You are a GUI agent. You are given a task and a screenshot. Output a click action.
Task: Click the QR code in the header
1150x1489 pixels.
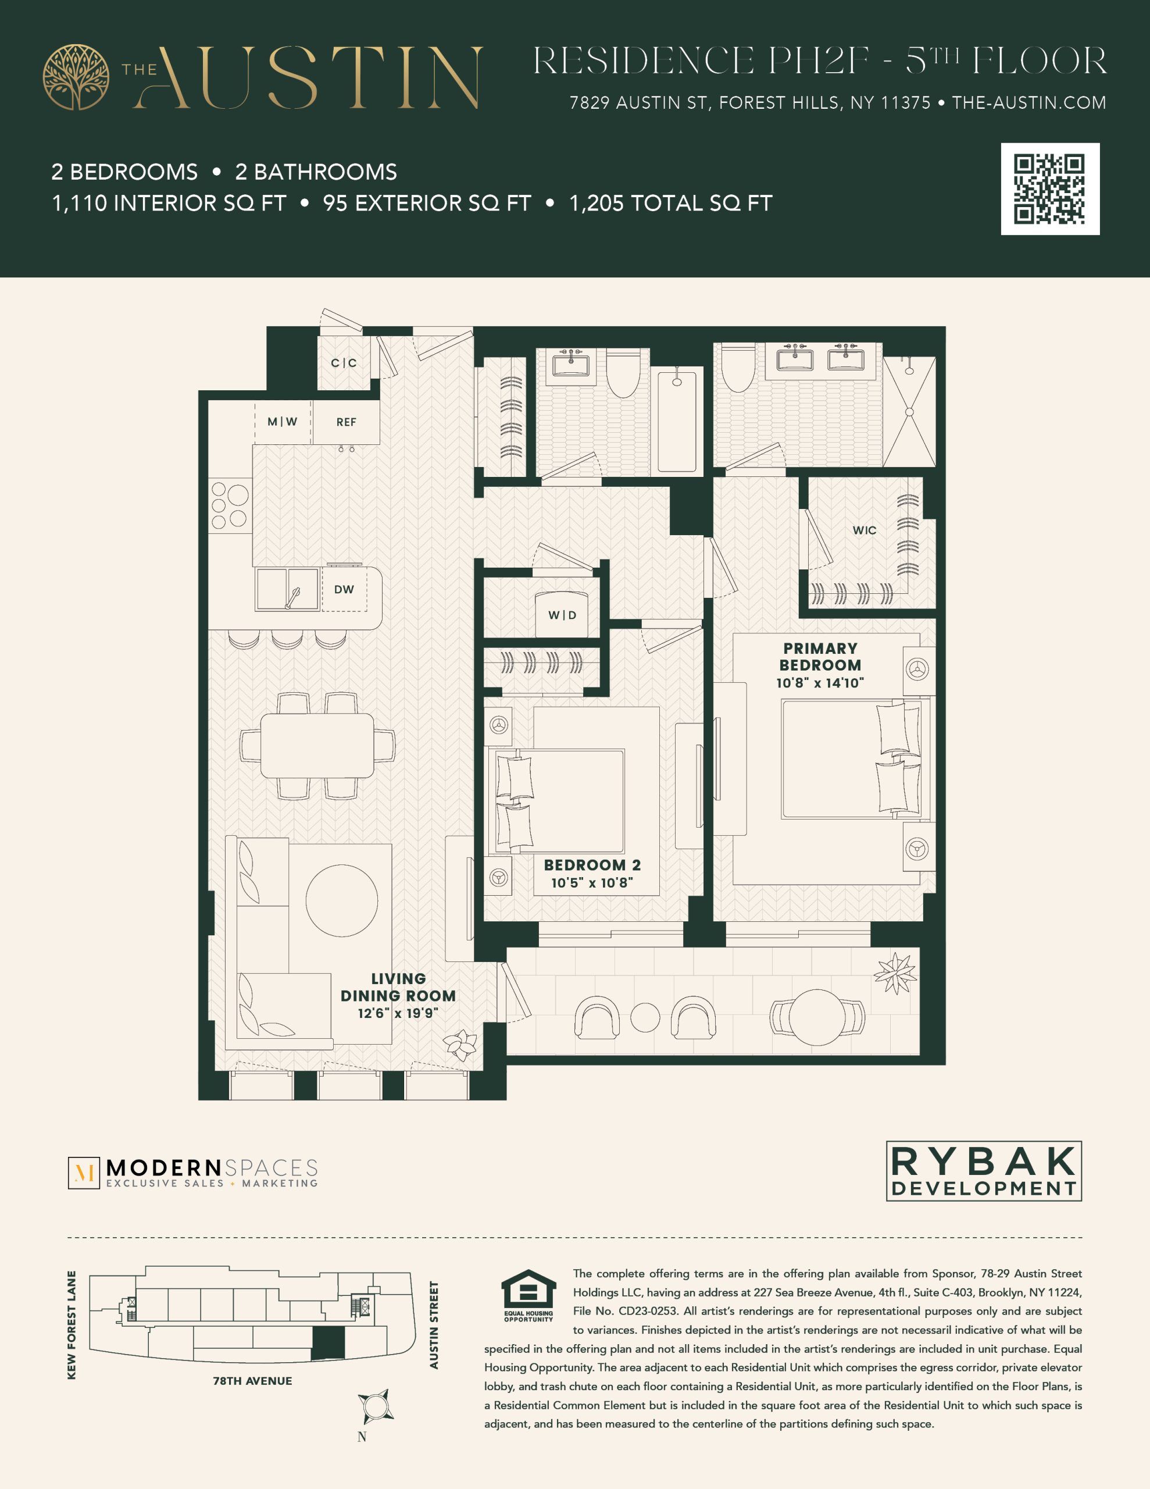point(1050,189)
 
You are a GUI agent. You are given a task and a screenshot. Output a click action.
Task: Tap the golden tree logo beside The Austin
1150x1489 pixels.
point(76,77)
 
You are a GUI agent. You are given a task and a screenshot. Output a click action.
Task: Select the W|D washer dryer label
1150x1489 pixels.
point(562,615)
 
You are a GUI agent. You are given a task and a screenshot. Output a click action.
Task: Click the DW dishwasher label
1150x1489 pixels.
point(344,589)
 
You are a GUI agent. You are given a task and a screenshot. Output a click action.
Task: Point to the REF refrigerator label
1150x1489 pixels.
point(347,422)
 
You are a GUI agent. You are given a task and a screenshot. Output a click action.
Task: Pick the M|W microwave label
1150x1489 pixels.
point(282,421)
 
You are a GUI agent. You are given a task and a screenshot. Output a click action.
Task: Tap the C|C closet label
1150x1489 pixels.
point(344,363)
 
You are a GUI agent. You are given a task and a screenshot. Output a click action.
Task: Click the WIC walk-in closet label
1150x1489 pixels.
point(865,530)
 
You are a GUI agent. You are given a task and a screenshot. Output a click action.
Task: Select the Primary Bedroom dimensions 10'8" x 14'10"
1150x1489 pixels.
point(820,682)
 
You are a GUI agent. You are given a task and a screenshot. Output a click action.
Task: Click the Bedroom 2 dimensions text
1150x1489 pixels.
point(592,882)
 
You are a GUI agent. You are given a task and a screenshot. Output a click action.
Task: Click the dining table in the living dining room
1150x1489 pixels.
point(317,745)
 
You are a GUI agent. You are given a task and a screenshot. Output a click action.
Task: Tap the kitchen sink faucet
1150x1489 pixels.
point(293,598)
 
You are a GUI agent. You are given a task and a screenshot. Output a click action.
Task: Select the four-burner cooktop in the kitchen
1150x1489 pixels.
point(229,505)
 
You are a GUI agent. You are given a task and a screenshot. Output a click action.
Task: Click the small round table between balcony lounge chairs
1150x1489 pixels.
point(645,1018)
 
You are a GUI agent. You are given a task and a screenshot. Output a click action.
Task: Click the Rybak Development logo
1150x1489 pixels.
point(984,1171)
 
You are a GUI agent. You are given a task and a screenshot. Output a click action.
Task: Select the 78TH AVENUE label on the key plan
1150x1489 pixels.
point(252,1381)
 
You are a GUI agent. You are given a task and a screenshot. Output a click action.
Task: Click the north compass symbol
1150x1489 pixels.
point(375,1406)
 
